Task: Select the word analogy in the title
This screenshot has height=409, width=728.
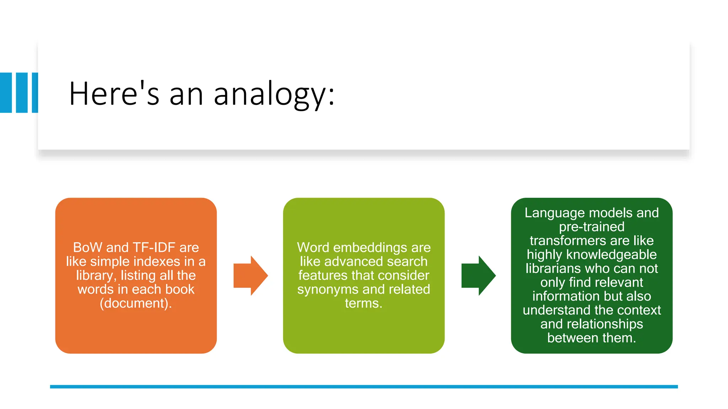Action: (x=274, y=94)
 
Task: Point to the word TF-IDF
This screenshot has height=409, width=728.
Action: (x=154, y=247)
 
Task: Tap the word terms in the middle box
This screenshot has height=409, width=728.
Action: (x=362, y=303)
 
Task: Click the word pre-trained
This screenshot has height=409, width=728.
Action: (x=591, y=227)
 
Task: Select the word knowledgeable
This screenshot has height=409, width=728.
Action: (x=611, y=255)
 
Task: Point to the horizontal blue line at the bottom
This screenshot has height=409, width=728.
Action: (x=364, y=387)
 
